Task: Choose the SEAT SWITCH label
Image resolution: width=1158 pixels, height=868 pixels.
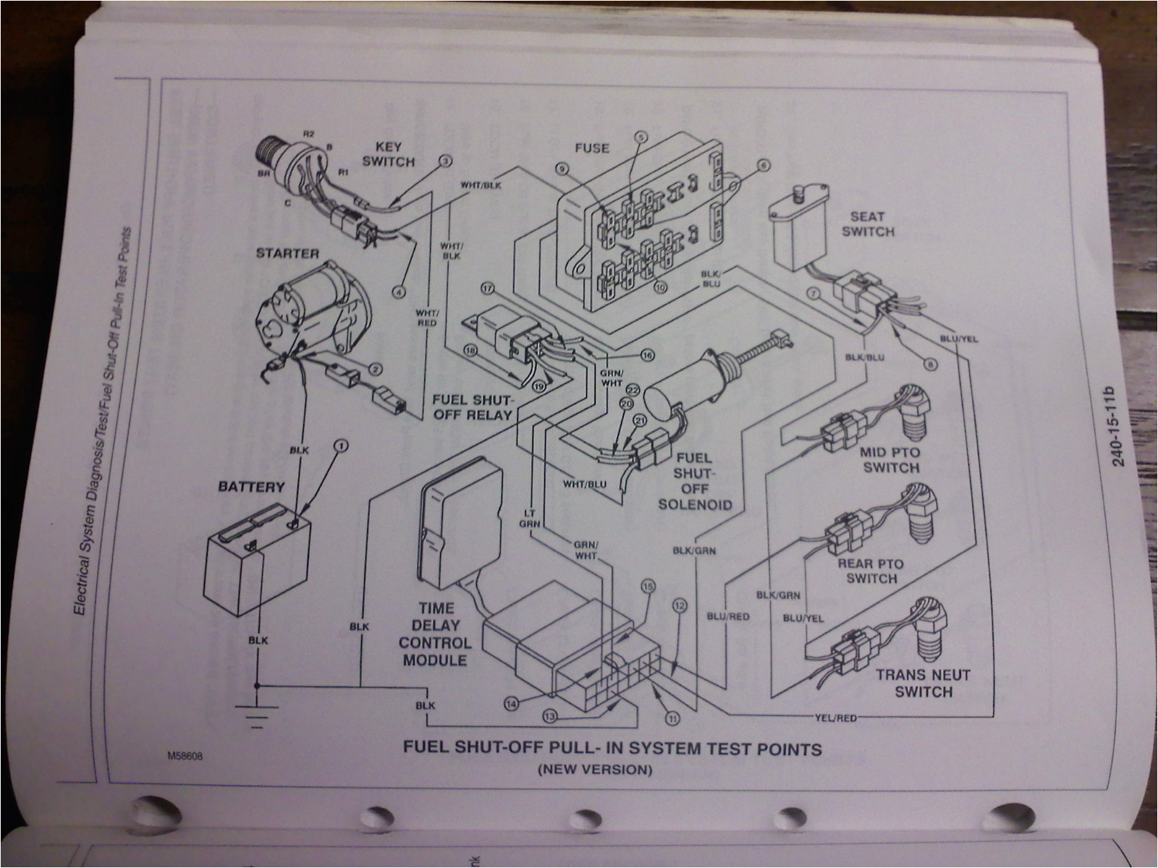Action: [x=872, y=224]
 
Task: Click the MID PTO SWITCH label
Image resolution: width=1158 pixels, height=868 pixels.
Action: [x=890, y=460]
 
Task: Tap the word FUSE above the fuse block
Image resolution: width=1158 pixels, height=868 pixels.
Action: [x=591, y=148]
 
